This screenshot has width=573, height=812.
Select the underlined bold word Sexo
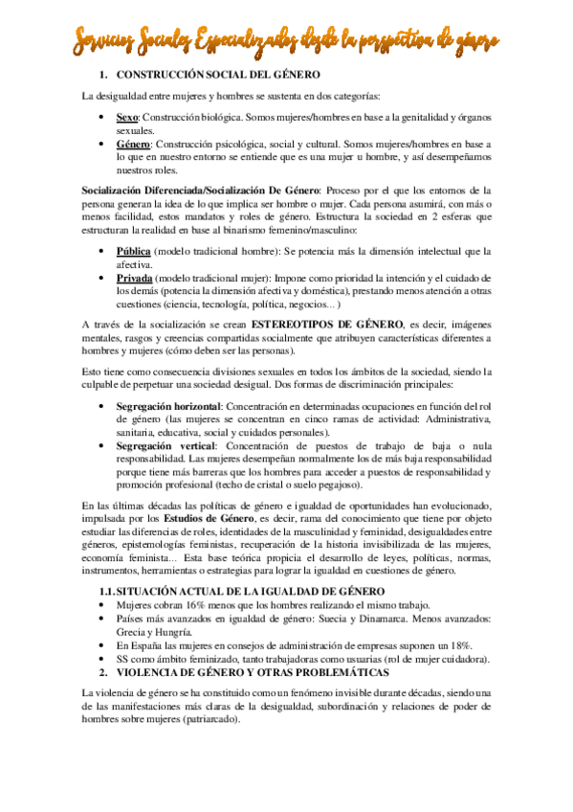coord(128,116)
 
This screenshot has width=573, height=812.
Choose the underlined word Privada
coord(135,276)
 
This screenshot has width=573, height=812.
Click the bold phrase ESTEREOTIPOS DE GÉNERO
coord(321,324)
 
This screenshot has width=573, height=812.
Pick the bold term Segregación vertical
coord(164,445)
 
